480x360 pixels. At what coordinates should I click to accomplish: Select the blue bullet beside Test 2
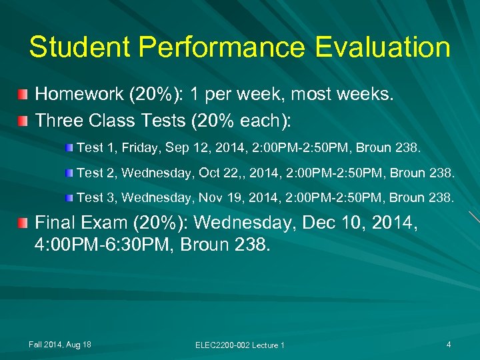[70, 173]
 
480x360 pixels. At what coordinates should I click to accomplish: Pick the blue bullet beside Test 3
[70, 197]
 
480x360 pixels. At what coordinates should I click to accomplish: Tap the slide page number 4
[449, 344]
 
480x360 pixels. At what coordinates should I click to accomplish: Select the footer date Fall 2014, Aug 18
[60, 344]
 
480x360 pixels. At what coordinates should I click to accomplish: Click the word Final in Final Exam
[56, 222]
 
